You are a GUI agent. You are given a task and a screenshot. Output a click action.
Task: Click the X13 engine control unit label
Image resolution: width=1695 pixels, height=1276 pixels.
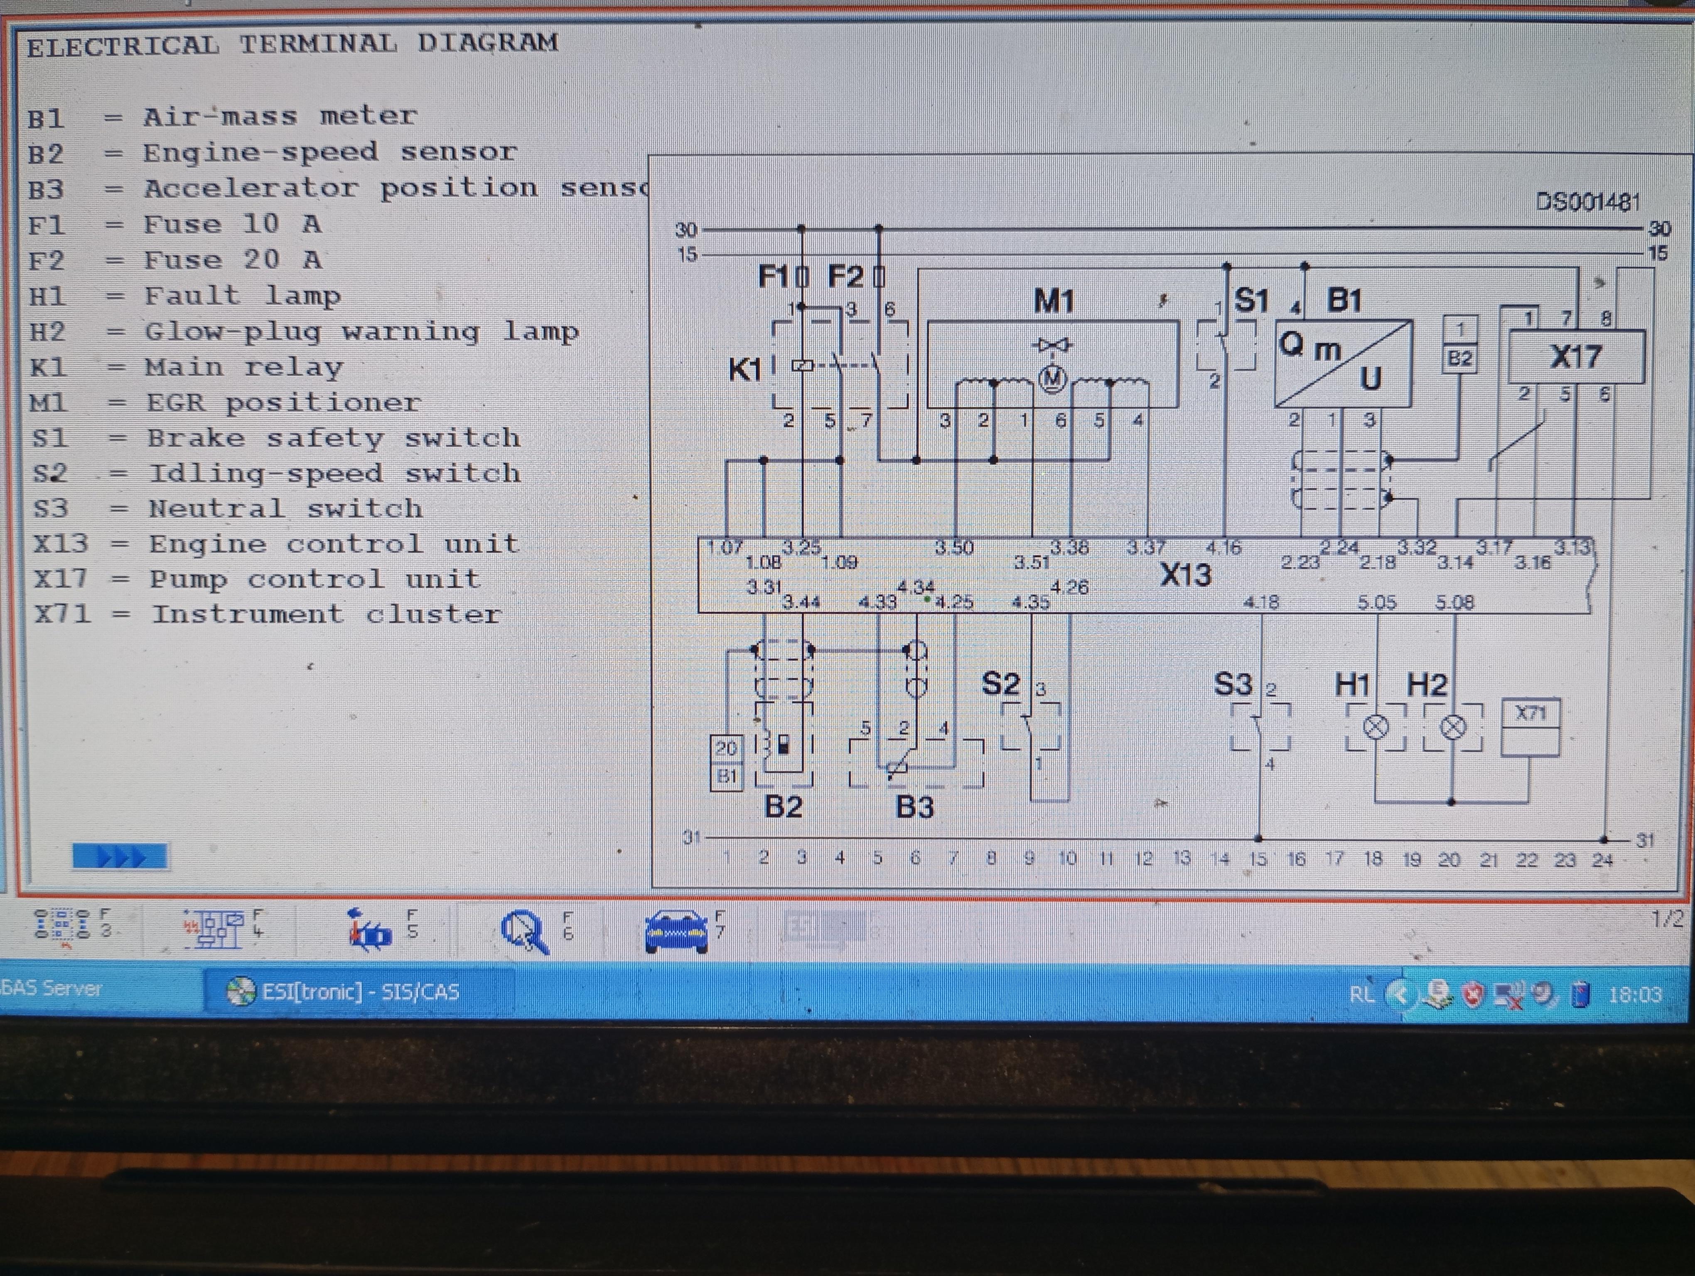click(x=1185, y=574)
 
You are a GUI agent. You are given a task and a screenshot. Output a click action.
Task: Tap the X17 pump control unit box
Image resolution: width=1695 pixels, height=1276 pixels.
click(x=1575, y=357)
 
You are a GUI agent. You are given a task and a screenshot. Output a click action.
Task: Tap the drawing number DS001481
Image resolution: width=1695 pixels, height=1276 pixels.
click(x=1588, y=202)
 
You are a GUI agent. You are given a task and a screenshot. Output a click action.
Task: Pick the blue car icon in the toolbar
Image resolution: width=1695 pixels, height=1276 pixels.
click(x=676, y=931)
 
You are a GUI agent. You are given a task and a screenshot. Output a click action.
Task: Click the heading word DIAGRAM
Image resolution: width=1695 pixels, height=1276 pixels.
click(x=487, y=43)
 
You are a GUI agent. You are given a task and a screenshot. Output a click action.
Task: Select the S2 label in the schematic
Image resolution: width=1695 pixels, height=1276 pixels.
click(x=1001, y=684)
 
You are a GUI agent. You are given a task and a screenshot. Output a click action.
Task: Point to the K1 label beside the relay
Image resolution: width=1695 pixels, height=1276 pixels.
click(x=744, y=370)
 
